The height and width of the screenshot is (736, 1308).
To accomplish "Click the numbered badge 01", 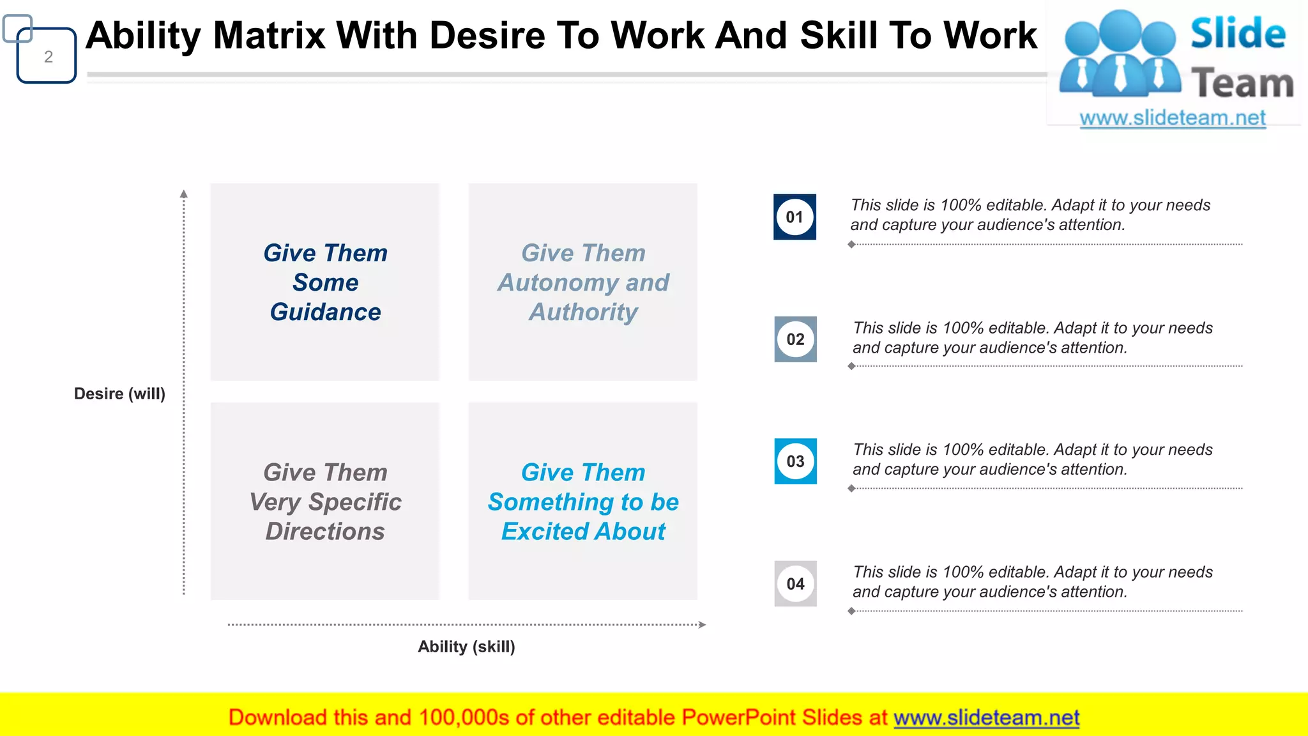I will pyautogui.click(x=795, y=217).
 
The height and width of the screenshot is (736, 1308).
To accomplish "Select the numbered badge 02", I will pyautogui.click(x=795, y=339).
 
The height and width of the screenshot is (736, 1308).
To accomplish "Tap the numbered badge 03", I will pyautogui.click(x=795, y=461).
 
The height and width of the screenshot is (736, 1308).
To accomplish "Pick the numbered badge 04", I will pyautogui.click(x=795, y=584).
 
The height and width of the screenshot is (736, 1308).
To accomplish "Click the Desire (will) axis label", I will pyautogui.click(x=119, y=394).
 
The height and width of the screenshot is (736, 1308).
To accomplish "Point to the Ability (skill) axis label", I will pyautogui.click(x=466, y=647).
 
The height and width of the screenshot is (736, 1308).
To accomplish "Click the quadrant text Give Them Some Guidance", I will pyautogui.click(x=325, y=282).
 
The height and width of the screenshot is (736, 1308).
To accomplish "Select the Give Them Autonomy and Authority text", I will pyautogui.click(x=583, y=282).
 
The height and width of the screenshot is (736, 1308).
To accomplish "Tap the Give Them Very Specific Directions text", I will pyautogui.click(x=325, y=502).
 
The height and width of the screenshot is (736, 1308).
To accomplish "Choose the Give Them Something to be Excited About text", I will pyautogui.click(x=583, y=502).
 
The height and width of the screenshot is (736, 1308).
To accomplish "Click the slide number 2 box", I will pyautogui.click(x=47, y=56).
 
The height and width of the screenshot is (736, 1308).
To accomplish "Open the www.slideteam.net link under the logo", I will pyautogui.click(x=1172, y=118).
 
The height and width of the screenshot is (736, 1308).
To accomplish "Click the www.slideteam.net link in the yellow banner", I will pyautogui.click(x=986, y=717).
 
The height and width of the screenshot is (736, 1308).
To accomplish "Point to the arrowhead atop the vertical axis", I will pyautogui.click(x=184, y=194).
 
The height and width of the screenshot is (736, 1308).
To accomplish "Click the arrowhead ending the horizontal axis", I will pyautogui.click(x=702, y=625).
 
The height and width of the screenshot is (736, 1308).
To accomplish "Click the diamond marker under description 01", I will pyautogui.click(x=851, y=244).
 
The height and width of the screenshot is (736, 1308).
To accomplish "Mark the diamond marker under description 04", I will pyautogui.click(x=851, y=611).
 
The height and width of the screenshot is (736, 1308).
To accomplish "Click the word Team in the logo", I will pyautogui.click(x=1242, y=84).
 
